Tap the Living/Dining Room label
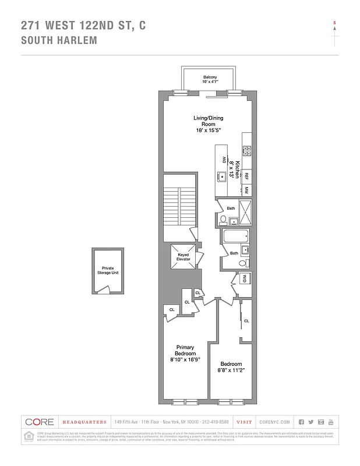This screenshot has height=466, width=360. click(x=209, y=124)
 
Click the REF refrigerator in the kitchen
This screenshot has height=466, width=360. click(x=246, y=175)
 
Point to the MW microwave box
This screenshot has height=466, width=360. click(x=246, y=190)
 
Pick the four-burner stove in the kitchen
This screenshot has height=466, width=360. click(x=247, y=150)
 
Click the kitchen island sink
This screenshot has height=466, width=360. click(x=222, y=175)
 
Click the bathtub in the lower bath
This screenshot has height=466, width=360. click(x=235, y=237)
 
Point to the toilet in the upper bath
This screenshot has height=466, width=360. click(x=223, y=220)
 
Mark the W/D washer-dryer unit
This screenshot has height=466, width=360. click(x=245, y=278)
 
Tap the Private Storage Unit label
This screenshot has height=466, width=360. click(x=108, y=272)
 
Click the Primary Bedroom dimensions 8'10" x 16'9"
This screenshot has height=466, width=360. click(x=185, y=360)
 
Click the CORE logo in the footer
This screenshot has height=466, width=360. click(x=39, y=422)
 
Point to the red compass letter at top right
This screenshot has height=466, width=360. click(x=334, y=23)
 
